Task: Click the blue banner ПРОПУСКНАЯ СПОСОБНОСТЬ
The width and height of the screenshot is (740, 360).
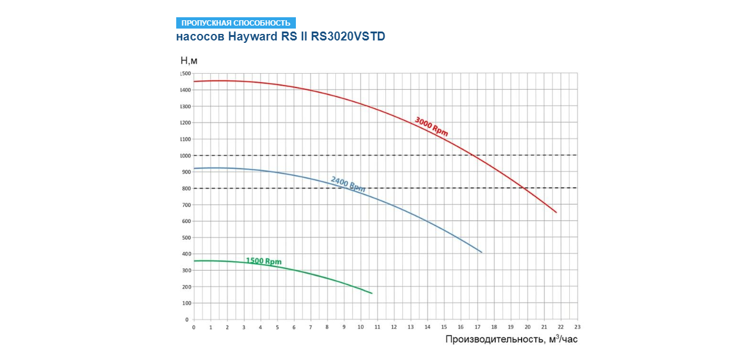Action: [x=236, y=23]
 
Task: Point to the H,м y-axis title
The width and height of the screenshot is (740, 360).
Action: [x=189, y=60]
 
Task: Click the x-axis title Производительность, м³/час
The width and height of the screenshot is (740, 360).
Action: [x=511, y=339]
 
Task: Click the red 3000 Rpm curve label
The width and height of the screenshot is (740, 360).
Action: [x=431, y=127]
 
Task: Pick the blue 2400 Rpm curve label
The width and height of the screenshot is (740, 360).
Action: [x=348, y=183]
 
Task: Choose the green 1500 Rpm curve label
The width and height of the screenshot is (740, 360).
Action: [x=264, y=261]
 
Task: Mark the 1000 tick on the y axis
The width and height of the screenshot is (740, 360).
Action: [x=185, y=156]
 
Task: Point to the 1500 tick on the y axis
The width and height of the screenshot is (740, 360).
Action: [x=185, y=74]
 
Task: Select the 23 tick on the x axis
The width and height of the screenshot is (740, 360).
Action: [x=577, y=327]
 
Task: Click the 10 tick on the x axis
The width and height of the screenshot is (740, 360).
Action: [x=360, y=327]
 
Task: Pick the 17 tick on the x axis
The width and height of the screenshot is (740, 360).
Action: [x=477, y=327]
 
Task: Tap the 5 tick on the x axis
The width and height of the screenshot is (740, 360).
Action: [x=277, y=327]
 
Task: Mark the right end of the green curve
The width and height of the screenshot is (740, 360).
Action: [x=371, y=293]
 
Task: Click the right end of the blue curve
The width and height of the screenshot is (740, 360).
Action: [x=482, y=253]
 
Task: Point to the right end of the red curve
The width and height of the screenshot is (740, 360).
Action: [x=556, y=212]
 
